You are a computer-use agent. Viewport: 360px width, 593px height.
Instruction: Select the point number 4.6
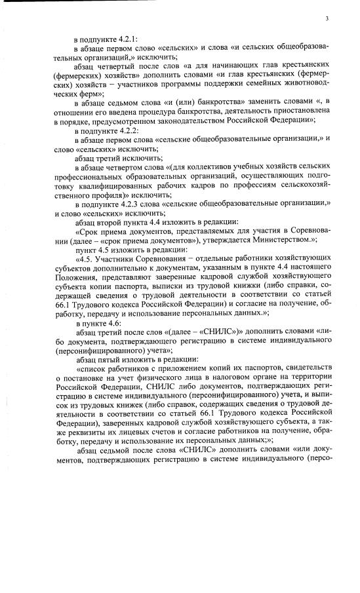[111, 324]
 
